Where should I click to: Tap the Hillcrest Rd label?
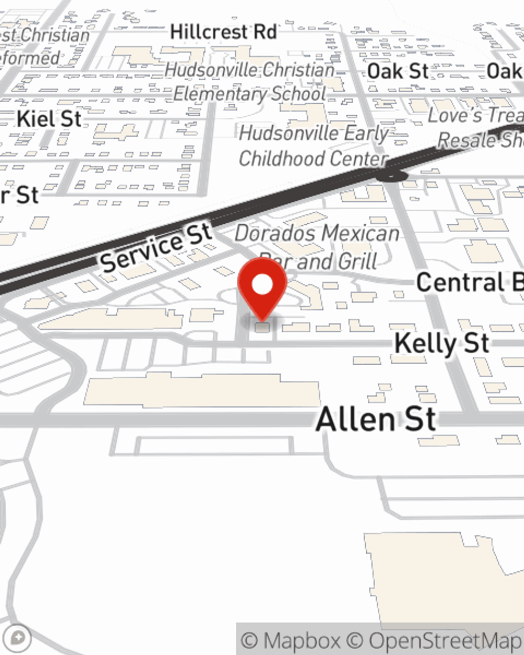pos(223,32)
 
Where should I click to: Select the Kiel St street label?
pos(49,119)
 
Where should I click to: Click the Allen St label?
pos(376,420)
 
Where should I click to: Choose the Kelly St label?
pos(442,344)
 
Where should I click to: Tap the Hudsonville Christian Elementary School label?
pos(250,82)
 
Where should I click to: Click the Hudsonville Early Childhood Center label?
pos(313,146)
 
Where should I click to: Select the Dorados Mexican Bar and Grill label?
pos(317,246)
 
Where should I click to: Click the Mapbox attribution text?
pos(291,640)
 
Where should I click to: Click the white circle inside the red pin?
pos(262,285)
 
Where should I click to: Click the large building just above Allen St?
pos(202,390)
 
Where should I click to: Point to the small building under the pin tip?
pos(262,327)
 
